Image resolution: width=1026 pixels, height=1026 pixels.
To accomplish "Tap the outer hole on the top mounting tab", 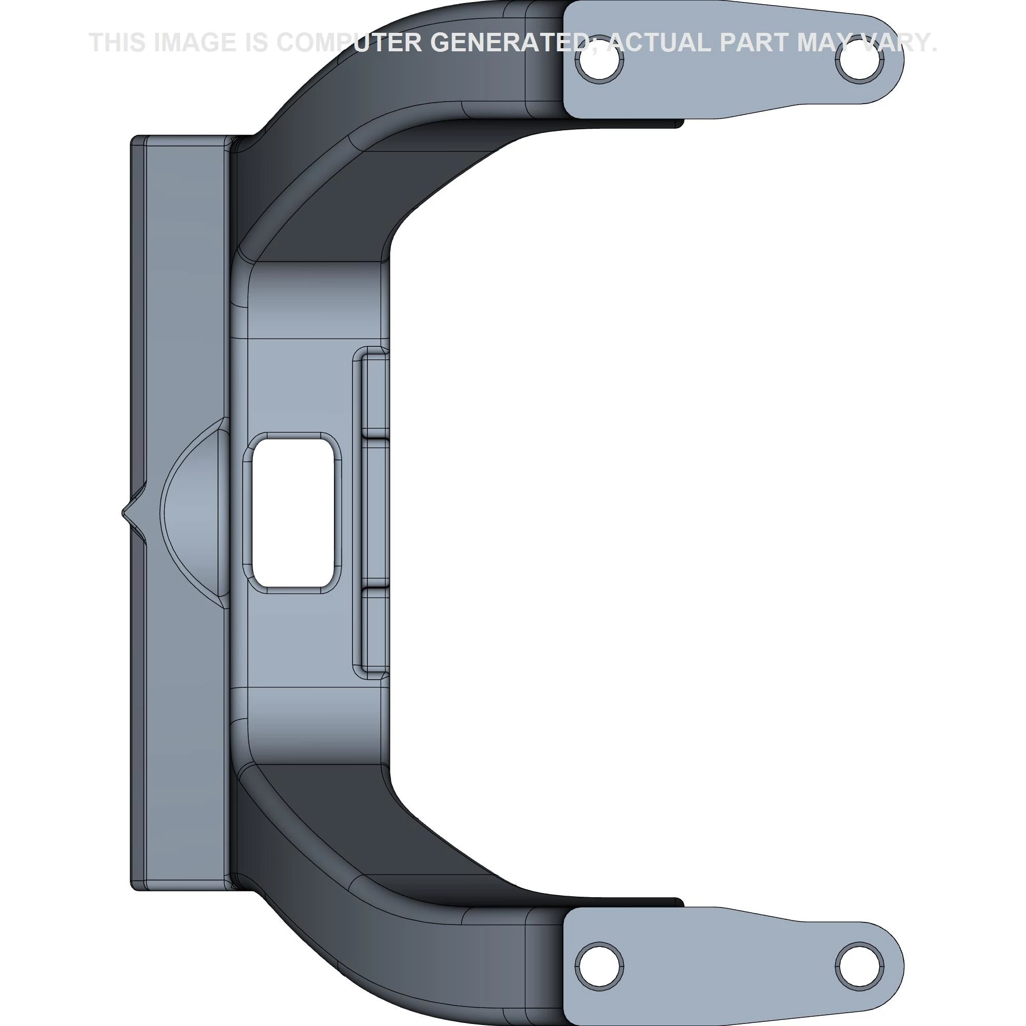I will [x=859, y=62].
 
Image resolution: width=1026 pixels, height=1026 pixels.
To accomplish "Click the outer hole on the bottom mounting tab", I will [x=859, y=964].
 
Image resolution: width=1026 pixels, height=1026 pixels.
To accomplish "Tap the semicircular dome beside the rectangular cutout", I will [x=196, y=512].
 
